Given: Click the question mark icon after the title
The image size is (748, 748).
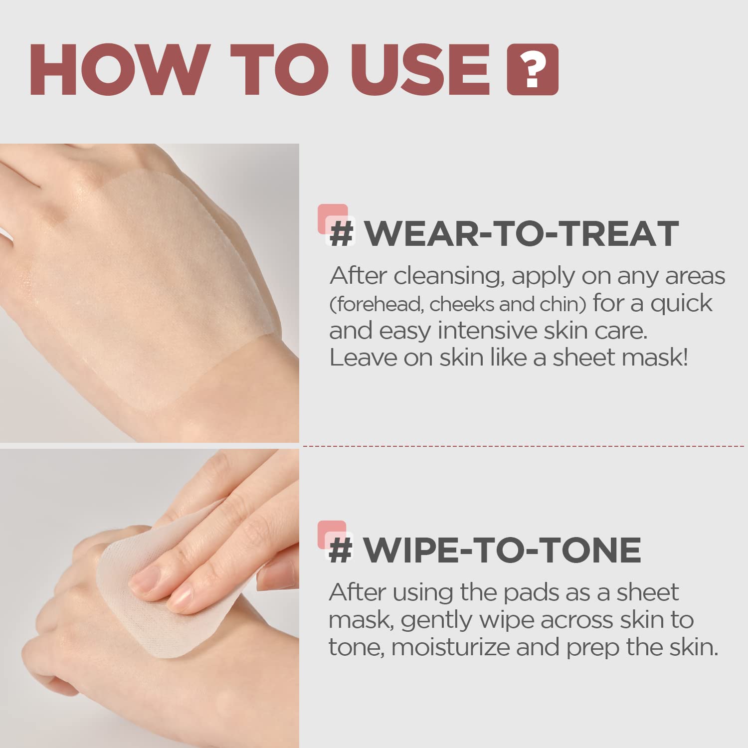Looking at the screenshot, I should (x=532, y=70).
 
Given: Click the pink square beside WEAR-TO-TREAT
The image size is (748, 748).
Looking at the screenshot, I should (x=333, y=218).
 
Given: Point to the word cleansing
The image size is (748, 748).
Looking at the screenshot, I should (x=447, y=276).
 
